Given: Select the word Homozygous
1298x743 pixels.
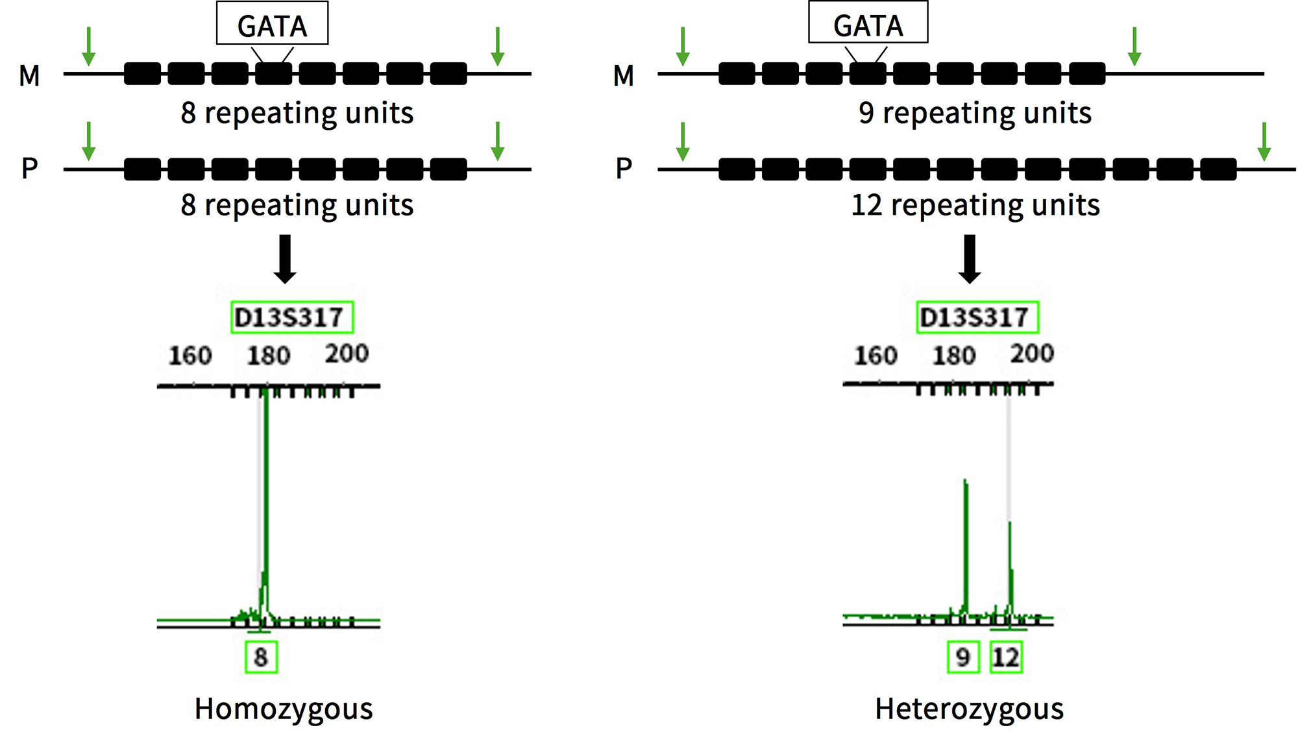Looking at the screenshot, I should (x=284, y=709).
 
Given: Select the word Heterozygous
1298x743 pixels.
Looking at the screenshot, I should (x=969, y=709).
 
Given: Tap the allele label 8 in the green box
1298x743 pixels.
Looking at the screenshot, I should (x=261, y=657).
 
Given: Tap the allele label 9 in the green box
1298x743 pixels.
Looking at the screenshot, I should (x=963, y=657).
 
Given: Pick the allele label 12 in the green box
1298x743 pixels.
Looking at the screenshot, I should (x=1006, y=657).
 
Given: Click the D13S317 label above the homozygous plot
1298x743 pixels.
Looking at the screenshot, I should (x=291, y=317).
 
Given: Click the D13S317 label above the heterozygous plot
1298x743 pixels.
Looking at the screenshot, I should (x=977, y=317).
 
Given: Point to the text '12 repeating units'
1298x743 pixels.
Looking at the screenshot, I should (x=975, y=206).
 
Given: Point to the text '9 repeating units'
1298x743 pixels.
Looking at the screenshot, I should (x=975, y=113).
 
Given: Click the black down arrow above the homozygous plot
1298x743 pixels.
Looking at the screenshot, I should (x=285, y=259).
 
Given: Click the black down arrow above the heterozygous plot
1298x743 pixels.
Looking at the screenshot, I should (x=970, y=259).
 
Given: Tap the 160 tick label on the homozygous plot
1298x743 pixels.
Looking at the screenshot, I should (x=190, y=355).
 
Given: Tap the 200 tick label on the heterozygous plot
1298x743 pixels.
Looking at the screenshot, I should (x=1032, y=354).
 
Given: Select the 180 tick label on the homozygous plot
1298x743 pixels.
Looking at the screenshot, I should (x=269, y=355).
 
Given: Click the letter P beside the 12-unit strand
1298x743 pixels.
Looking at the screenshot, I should (x=624, y=169).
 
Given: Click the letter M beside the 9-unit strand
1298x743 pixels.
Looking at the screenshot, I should (x=623, y=76).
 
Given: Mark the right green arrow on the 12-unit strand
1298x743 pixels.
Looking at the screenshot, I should (x=1264, y=141).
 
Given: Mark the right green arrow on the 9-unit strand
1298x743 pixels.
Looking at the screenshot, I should (x=1134, y=46).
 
